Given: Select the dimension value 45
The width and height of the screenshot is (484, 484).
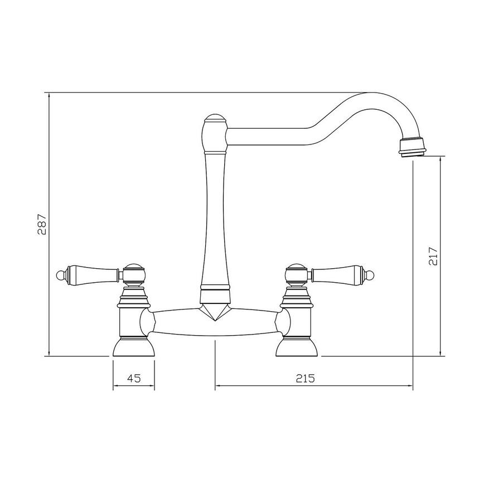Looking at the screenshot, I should (x=133, y=378).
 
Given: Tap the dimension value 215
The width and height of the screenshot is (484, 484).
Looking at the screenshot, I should (x=306, y=378).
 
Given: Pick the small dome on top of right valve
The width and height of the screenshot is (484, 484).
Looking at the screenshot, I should (x=296, y=268).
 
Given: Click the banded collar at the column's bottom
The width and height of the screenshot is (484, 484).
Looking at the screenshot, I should (x=215, y=291).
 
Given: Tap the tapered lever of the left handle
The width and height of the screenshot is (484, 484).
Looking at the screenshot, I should (x=92, y=274).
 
